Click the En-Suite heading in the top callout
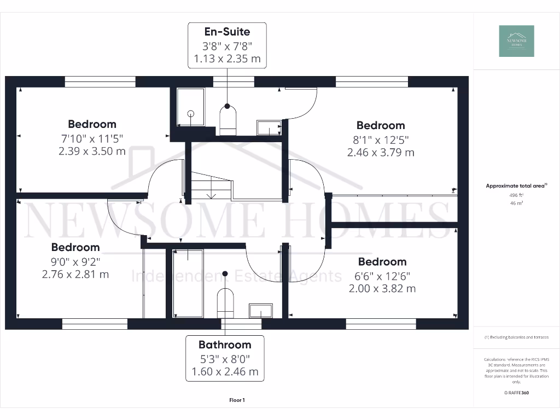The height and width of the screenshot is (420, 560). click(x=227, y=32)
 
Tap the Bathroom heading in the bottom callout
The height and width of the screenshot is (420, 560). click(x=225, y=345)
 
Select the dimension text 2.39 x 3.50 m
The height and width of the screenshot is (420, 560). click(x=92, y=151)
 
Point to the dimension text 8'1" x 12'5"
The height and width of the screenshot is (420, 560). click(x=381, y=139)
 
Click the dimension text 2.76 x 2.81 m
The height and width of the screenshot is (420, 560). click(x=75, y=274)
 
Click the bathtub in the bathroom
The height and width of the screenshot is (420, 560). click(x=188, y=283)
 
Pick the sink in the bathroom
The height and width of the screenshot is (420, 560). click(x=261, y=311)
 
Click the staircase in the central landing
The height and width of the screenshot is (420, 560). click(x=211, y=186)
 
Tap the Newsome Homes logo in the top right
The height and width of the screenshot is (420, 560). click(x=516, y=41)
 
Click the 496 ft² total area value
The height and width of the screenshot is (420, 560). click(x=516, y=195)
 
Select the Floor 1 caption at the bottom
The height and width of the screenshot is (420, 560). click(x=237, y=400)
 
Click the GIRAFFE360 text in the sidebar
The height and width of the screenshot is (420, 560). click(x=516, y=393)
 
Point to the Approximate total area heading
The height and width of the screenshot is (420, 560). click(x=516, y=186)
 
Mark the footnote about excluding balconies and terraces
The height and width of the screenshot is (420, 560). click(x=516, y=337)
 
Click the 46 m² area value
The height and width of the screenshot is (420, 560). click(x=516, y=203)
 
